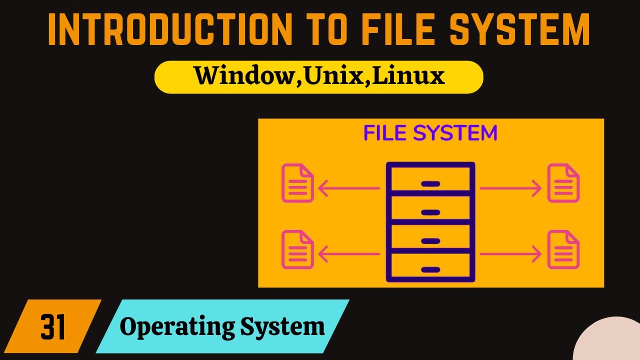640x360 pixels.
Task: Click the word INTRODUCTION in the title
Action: coord(170,29)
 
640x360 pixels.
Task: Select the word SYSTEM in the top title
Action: coord(520,29)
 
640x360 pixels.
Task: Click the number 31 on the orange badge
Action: coord(53,326)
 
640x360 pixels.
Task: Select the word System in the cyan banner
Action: coord(282,327)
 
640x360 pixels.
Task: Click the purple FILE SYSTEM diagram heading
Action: coord(430,133)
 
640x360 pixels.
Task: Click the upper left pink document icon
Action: coord(297,183)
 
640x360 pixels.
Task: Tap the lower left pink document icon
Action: coord(297,249)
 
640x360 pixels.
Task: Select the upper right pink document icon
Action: coord(563,183)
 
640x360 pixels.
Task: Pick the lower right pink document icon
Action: coord(563,249)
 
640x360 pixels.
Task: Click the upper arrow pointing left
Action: coord(349,188)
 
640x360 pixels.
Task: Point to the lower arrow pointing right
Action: coord(510,254)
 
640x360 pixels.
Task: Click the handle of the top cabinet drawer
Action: coord(430,183)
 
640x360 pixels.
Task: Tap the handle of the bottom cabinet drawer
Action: coord(430,269)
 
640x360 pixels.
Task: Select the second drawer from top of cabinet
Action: coord(430,208)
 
